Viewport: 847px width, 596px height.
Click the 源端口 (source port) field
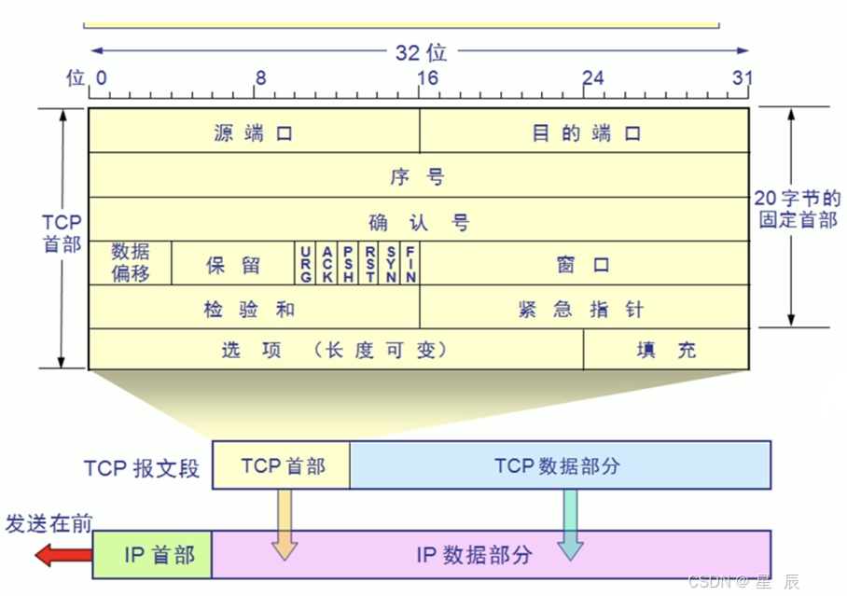[x=254, y=132]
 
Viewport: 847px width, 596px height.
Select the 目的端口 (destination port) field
[x=586, y=132]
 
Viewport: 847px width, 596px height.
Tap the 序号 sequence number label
[x=419, y=176]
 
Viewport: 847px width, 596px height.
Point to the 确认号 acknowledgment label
[x=419, y=222]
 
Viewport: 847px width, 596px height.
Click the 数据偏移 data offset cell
[x=130, y=263]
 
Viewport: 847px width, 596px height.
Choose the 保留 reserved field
[x=233, y=264]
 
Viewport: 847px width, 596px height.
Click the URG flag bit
[x=305, y=264]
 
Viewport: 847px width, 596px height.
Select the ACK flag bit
[x=326, y=264]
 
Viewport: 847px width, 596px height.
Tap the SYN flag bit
[x=391, y=264]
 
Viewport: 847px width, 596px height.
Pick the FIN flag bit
[x=410, y=264]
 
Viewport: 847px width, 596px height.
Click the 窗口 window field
[x=584, y=264]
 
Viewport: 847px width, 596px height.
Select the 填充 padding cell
[x=666, y=350]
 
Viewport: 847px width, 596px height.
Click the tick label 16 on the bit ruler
[x=426, y=78]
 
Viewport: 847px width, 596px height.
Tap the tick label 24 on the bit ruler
[x=592, y=78]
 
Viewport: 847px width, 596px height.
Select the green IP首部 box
[x=153, y=555]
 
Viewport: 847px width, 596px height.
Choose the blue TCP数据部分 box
[x=560, y=464]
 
